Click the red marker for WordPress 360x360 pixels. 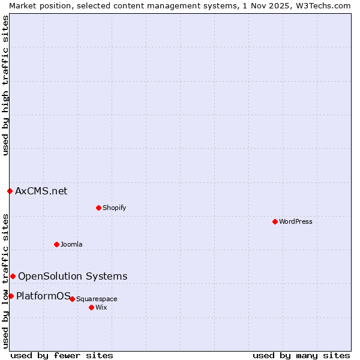275,221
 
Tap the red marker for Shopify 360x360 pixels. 98,208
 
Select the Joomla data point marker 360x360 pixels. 56,244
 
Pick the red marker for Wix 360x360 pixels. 91,307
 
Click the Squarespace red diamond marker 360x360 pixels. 72,299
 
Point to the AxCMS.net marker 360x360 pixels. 10,191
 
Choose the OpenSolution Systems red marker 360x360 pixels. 13,276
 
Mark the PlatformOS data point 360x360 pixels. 11,296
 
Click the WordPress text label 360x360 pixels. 296,221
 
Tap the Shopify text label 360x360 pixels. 114,208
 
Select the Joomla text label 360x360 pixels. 71,244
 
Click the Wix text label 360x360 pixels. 101,307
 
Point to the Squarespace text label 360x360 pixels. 97,299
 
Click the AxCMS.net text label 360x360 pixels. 41,191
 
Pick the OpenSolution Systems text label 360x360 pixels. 73,276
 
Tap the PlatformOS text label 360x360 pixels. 43,295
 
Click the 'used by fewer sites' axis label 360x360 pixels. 62,355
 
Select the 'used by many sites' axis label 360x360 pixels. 301,355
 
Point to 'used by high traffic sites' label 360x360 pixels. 5,85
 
